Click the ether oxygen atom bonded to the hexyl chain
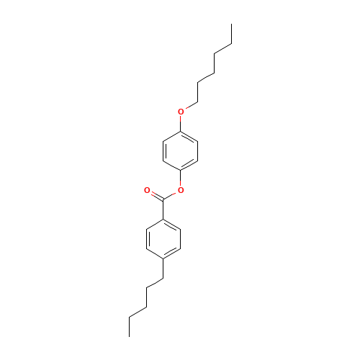click(x=181, y=112)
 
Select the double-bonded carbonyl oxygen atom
click(x=147, y=190)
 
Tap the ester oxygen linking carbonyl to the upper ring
click(x=181, y=190)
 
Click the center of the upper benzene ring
click(x=181, y=151)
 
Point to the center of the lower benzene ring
click(x=163, y=239)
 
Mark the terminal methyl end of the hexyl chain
click(x=231, y=24)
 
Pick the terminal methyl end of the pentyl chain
click(x=130, y=336)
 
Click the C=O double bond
click(x=157, y=196)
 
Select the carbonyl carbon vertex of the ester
click(x=163, y=199)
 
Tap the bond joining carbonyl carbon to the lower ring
click(x=163, y=210)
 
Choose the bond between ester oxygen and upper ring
click(x=181, y=179)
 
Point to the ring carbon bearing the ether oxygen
click(x=181, y=132)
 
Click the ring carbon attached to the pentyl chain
click(x=163, y=258)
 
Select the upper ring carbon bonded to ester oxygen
click(x=181, y=171)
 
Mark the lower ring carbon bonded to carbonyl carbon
click(x=163, y=220)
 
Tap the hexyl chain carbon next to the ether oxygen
click(x=197, y=102)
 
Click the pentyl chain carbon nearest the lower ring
click(x=163, y=278)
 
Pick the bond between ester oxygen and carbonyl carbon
click(x=171, y=196)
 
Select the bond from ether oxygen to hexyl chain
click(x=192, y=106)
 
